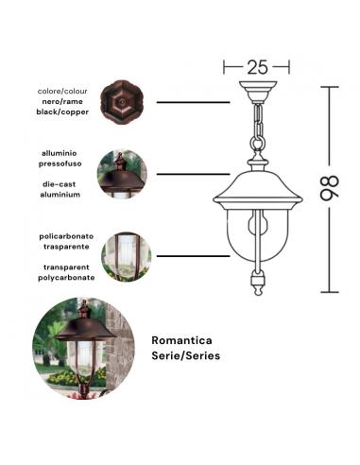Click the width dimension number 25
point(258,67)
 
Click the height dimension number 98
point(327,188)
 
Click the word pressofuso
point(60,163)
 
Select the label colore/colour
point(62,91)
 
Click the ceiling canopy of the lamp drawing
point(255,94)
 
